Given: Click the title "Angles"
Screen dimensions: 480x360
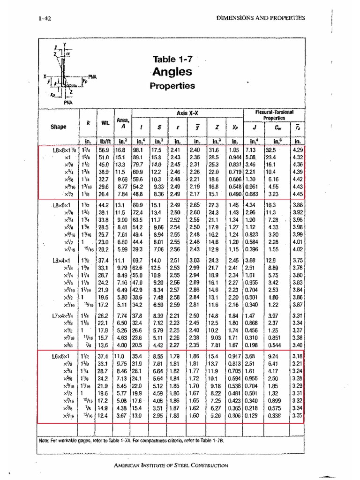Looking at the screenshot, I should tap(172, 72).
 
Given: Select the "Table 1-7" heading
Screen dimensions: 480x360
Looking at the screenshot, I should tap(172, 59).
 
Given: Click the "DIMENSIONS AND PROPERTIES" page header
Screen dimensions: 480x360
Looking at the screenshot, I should tap(261, 18).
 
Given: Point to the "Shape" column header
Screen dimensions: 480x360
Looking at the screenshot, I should tap(59, 126).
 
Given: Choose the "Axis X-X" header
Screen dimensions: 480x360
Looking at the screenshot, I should tap(188, 113).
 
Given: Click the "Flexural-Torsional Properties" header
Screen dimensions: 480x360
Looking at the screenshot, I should tap(274, 115).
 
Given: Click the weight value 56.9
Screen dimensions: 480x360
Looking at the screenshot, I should tap(104, 150).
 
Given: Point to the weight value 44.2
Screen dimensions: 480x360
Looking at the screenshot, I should tap(104, 205).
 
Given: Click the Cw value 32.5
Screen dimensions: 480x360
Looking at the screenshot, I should tap(271, 150).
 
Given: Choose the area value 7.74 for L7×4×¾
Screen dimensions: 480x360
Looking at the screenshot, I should tap(121, 316).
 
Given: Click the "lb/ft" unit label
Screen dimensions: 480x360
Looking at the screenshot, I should tap(104, 141).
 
